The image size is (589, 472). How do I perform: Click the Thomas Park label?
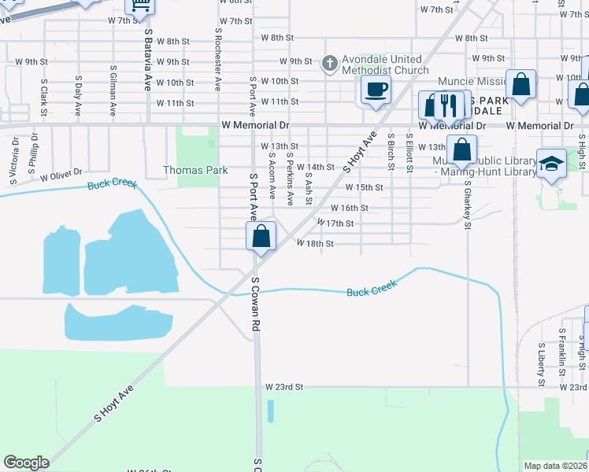pos(195,170)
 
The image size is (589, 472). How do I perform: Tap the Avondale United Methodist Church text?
pos(380,65)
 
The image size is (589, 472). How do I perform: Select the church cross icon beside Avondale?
pos(331,61)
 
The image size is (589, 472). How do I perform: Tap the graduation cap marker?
pos(551,164)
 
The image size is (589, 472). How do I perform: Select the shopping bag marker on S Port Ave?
pos(261,235)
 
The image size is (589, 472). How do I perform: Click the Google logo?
pos(26,463)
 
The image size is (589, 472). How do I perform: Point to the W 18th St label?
pos(315,244)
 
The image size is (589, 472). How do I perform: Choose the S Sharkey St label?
pos(467,204)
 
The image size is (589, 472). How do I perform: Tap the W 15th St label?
pos(364,187)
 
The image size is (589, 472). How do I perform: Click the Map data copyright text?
pos(555,466)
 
